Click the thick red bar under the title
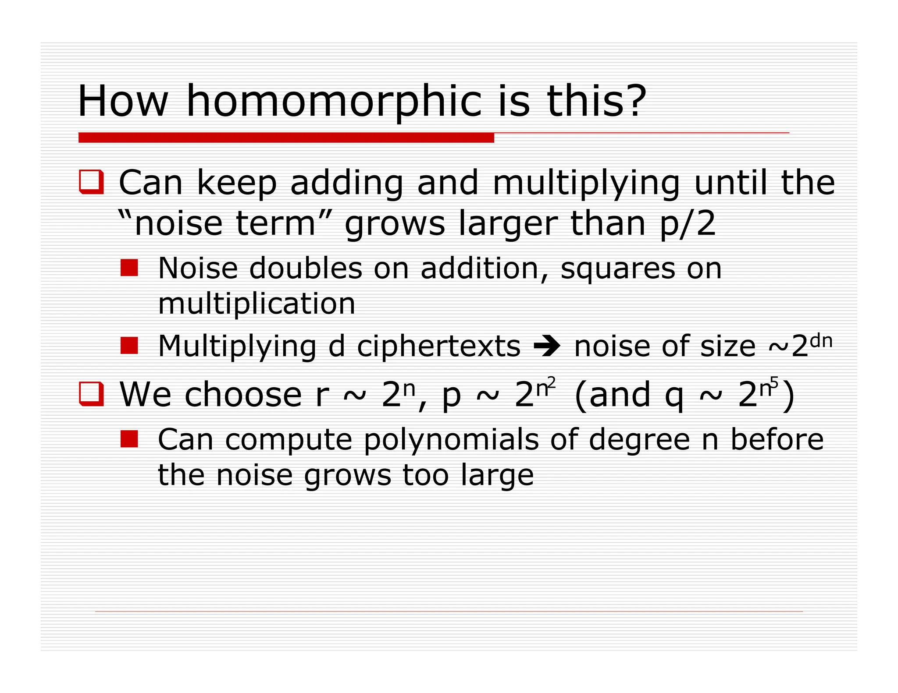point(286,138)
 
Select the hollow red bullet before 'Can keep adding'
point(91,181)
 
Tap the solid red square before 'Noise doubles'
point(129,268)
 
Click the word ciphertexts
point(438,346)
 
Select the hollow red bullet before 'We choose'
point(91,394)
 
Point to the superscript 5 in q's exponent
point(774,382)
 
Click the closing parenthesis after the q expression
point(788,396)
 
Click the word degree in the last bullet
point(640,440)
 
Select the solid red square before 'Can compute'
point(129,439)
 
